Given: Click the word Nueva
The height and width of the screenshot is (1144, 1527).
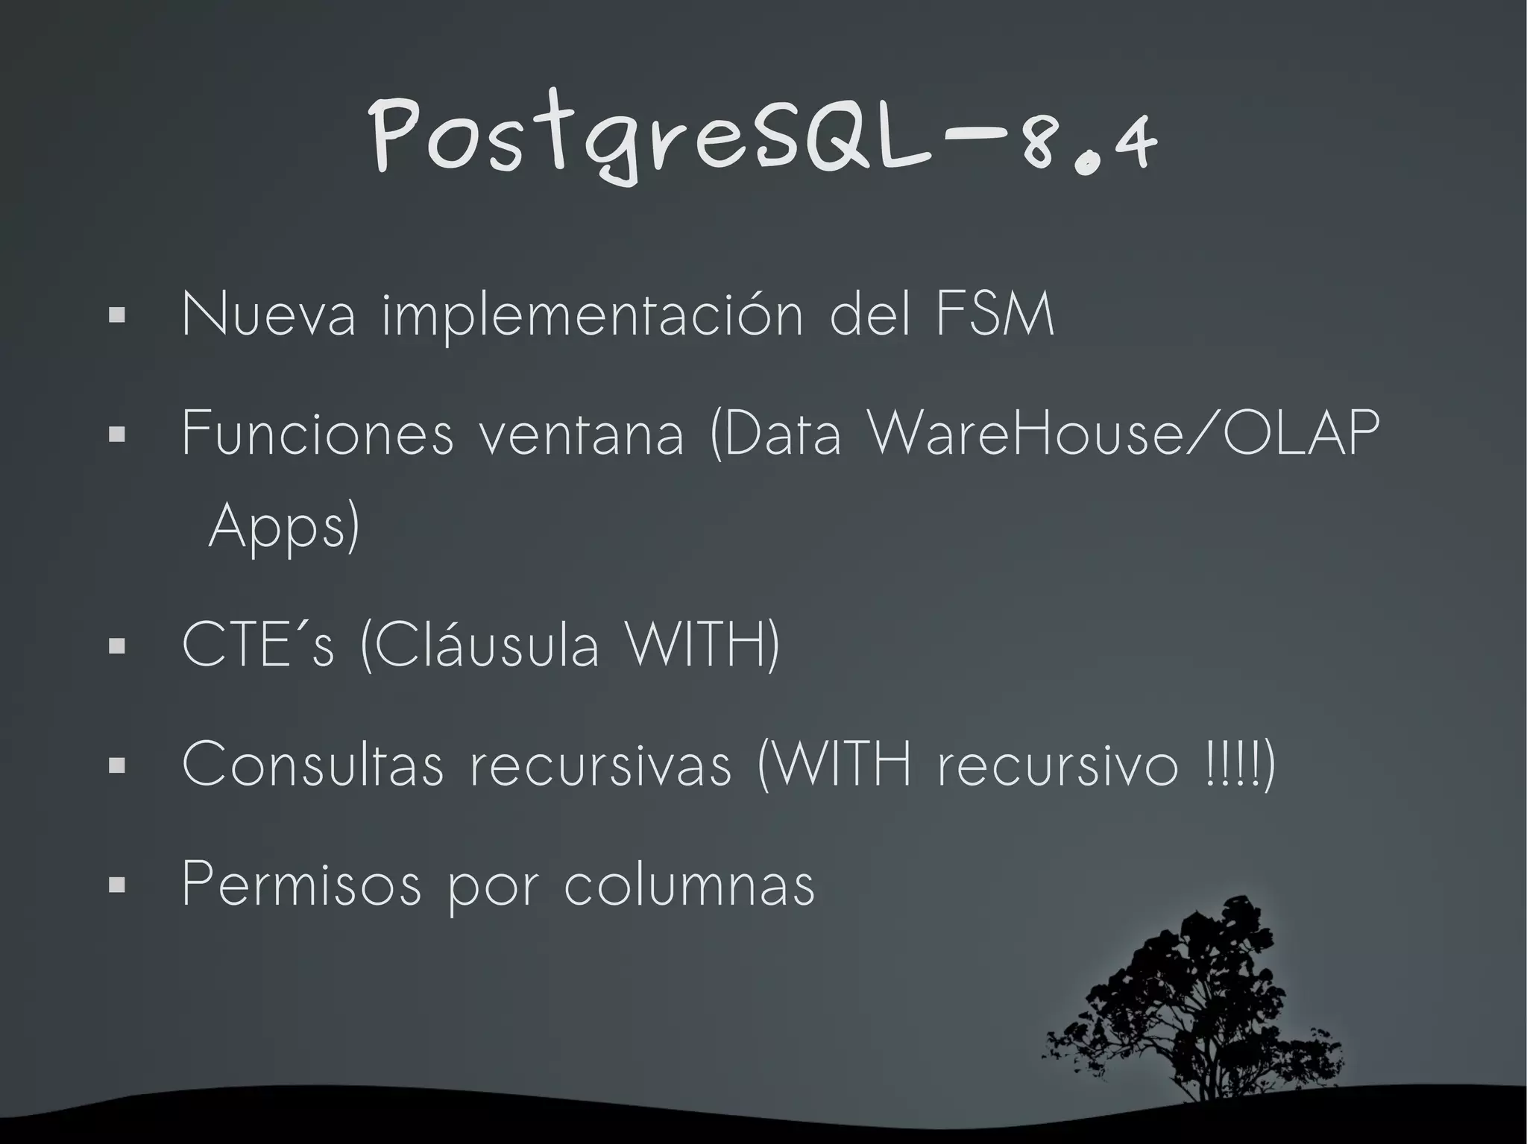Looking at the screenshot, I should (268, 315).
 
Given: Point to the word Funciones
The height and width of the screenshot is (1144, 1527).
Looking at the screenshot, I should (317, 434).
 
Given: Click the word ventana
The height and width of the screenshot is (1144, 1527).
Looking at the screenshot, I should (581, 435).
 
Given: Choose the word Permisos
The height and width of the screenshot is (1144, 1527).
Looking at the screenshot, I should (301, 885).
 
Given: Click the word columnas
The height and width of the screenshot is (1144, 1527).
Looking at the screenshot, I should (689, 885).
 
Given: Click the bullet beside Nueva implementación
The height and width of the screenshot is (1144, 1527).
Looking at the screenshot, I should (116, 316).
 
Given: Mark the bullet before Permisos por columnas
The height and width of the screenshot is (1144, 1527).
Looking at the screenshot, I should (116, 885).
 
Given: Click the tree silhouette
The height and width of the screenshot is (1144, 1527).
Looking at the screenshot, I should (1200, 1006).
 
